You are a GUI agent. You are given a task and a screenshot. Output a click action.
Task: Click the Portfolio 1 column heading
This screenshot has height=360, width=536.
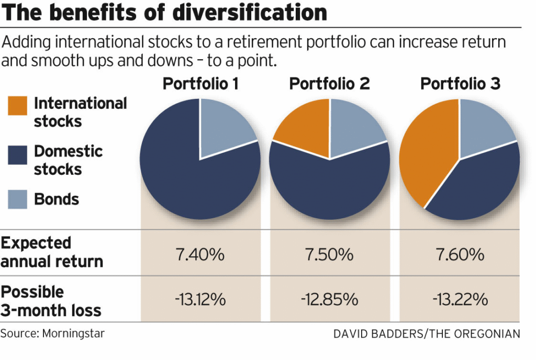200,84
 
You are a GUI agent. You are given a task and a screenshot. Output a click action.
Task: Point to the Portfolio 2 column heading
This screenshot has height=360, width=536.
329,84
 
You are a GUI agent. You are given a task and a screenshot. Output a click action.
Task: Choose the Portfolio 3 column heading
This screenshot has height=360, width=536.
460,84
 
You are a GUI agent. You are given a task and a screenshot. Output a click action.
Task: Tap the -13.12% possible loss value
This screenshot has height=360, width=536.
200,300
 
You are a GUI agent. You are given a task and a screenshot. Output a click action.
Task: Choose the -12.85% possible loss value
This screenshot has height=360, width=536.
329,300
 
